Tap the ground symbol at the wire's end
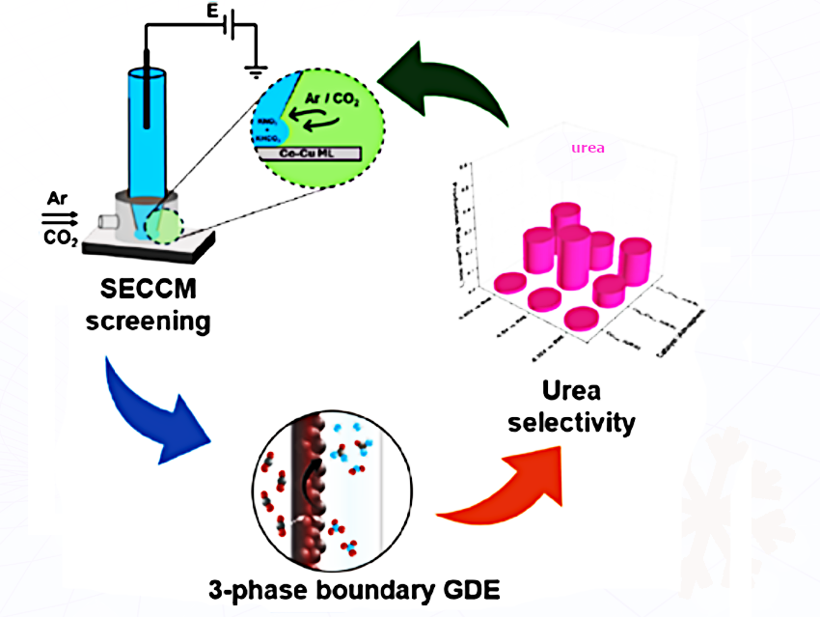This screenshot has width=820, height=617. coord(257,70)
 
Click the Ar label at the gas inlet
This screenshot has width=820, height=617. coord(57,199)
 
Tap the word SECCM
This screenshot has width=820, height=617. coord(147,289)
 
